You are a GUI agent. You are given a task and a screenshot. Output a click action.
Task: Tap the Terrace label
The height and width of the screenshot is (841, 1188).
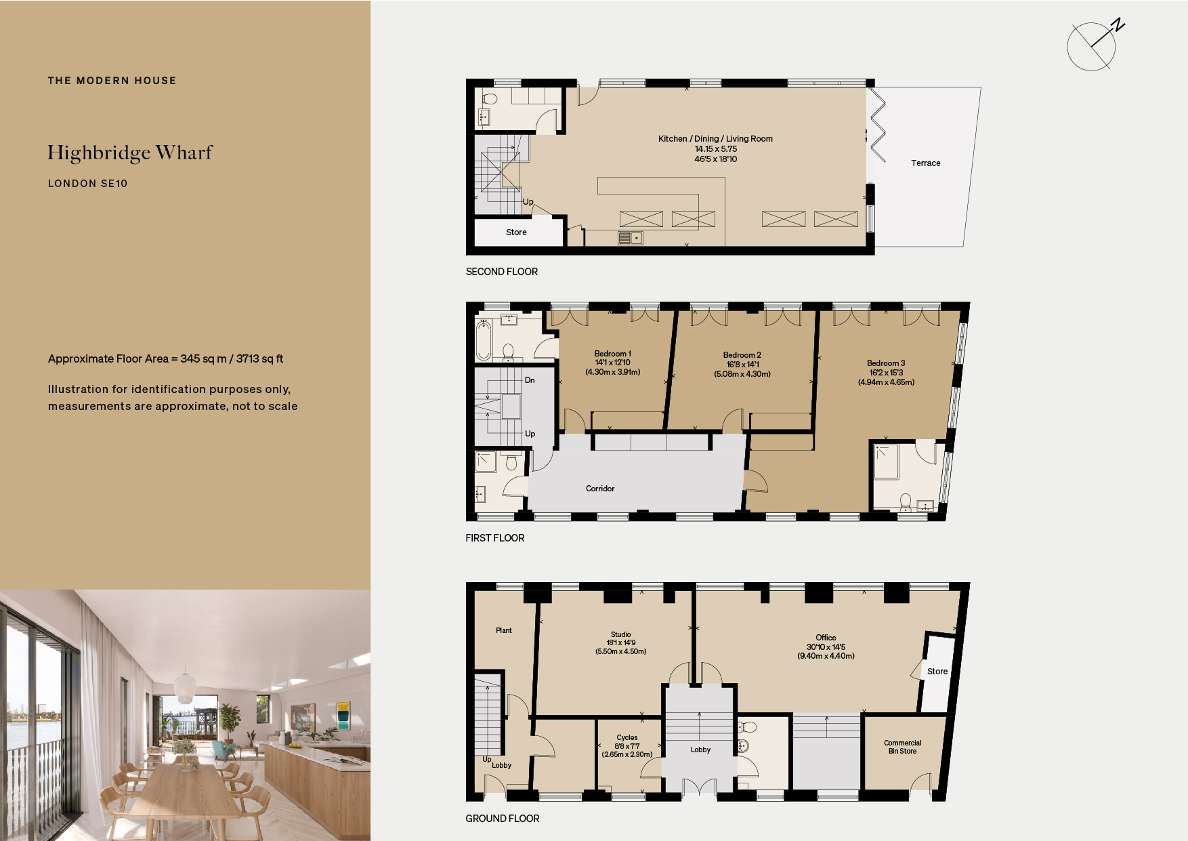[x=925, y=163]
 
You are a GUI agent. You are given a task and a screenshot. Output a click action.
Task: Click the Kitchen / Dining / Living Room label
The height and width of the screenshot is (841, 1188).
[x=715, y=139]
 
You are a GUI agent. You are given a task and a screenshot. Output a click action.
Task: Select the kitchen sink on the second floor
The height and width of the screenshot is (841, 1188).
[x=630, y=238]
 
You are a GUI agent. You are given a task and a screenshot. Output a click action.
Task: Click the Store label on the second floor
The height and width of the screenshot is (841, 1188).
[x=516, y=232]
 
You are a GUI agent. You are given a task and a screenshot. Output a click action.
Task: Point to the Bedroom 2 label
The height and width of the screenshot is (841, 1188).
[x=742, y=355]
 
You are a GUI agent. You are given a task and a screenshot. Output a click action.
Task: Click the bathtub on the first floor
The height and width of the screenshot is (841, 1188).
[x=483, y=341]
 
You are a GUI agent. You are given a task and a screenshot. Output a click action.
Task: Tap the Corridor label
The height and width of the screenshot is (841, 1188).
[x=600, y=489]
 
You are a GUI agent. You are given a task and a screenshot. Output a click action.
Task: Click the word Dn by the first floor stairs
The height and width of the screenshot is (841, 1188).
[x=530, y=380]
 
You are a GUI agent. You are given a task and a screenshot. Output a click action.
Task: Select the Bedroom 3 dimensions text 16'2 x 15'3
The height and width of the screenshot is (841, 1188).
[x=886, y=373]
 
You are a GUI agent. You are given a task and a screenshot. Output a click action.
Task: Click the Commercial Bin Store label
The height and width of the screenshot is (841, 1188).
[x=902, y=747]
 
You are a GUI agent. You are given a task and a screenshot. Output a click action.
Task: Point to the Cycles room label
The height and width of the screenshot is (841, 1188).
[x=627, y=737]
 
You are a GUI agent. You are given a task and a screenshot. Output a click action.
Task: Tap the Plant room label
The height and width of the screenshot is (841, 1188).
[x=504, y=630]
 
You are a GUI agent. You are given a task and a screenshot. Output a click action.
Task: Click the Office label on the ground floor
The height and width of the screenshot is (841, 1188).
[x=826, y=638]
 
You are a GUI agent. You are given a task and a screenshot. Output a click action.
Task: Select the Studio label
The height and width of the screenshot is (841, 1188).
[x=620, y=634]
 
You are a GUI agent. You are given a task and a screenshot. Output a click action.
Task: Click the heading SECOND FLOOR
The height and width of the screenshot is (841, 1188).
[x=501, y=272]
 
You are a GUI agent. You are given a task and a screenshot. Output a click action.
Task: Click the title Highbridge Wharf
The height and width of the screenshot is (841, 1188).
[x=130, y=153]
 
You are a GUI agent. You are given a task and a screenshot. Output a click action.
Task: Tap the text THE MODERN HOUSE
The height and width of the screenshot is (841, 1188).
[x=112, y=81]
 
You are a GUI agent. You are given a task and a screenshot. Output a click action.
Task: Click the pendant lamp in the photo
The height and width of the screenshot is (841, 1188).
[x=184, y=688]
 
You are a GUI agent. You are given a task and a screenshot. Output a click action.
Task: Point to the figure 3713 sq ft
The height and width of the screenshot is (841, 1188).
[x=259, y=359]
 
